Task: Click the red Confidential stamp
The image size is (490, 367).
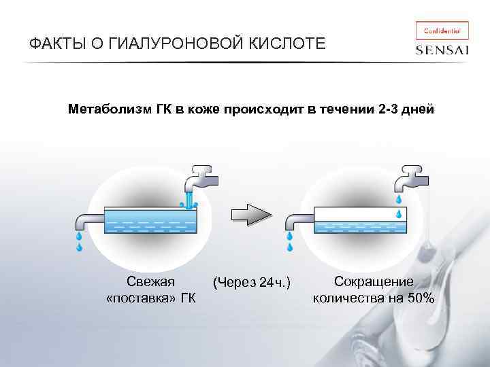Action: pyautogui.click(x=442, y=30)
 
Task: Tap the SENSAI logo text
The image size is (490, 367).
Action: pyautogui.click(x=442, y=50)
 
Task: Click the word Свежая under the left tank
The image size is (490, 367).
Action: pyautogui.click(x=150, y=282)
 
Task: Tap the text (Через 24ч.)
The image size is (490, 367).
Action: pyautogui.click(x=252, y=282)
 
